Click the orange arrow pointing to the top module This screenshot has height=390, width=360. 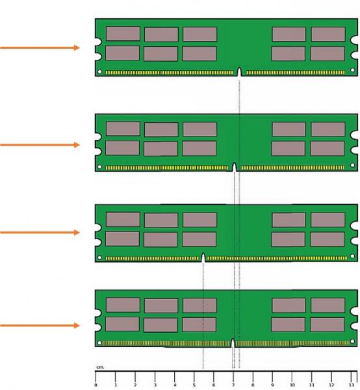(40, 47)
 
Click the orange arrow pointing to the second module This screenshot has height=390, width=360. (40, 145)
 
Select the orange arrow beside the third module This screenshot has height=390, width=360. (40, 233)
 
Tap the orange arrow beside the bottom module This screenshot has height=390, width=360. (40, 326)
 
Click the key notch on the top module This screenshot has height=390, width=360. (239, 71)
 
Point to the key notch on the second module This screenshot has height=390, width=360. (234, 167)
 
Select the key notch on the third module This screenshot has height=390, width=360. (203, 257)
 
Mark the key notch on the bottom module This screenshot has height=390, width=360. (233, 343)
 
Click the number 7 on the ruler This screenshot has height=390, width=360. (233, 385)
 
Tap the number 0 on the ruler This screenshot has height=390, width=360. (96, 385)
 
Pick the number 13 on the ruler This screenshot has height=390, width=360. (351, 385)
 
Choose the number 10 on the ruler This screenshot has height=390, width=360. (292, 385)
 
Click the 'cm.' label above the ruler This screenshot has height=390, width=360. (100, 367)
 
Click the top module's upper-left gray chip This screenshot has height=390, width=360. (123, 34)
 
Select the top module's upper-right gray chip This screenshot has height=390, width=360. (328, 34)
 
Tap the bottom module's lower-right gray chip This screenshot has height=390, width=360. (328, 324)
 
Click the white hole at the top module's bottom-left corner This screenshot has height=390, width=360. (99, 71)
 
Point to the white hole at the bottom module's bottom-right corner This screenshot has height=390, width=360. (352, 341)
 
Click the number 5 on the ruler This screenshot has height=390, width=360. (194, 385)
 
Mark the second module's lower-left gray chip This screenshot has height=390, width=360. (123, 148)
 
